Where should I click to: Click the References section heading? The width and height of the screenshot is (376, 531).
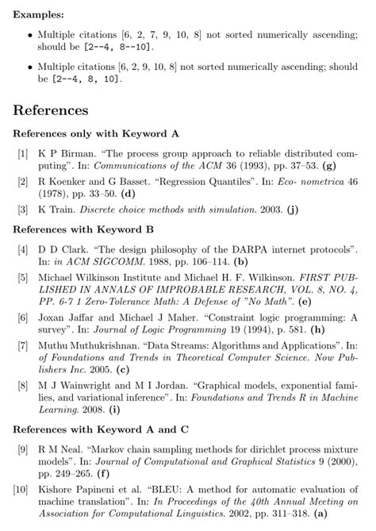coord(51,110)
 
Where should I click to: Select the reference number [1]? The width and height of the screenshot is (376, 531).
coord(24,152)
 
